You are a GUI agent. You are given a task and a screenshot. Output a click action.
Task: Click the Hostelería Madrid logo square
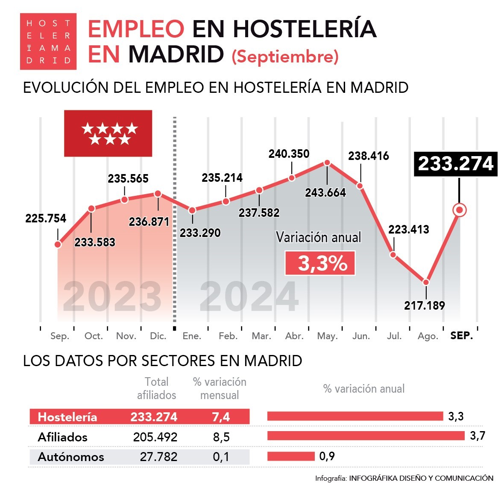tap(48, 41)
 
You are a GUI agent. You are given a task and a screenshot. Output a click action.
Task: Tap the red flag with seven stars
tap(108, 133)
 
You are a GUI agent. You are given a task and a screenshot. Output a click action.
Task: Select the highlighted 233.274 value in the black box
tap(456, 164)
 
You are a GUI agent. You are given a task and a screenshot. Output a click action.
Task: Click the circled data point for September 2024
tap(460, 210)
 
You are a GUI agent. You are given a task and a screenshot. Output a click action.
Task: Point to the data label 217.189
tap(424, 306)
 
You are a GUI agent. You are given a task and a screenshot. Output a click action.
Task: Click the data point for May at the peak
tap(327, 163)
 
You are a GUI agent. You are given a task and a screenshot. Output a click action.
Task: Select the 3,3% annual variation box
tap(320, 263)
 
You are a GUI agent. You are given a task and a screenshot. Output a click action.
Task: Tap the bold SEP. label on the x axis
tap(462, 336)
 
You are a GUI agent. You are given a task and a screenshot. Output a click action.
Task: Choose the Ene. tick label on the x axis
tap(192, 336)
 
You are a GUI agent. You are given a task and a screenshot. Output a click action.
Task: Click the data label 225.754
tap(46, 219)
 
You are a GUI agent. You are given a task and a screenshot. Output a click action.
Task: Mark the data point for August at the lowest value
tap(426, 282)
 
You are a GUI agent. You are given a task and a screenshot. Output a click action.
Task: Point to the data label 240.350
tap(289, 154)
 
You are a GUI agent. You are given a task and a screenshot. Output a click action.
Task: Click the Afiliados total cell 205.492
tap(155, 437)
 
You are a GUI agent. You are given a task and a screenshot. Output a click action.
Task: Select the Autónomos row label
tap(71, 457)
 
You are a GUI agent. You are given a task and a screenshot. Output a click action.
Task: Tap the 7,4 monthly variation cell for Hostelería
tap(221, 417)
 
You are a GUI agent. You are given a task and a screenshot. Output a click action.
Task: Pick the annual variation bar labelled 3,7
tap(366, 436)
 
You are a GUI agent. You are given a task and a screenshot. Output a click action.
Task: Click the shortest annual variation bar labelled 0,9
tap(291, 456)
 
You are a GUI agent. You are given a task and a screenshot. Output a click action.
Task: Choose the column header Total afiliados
tap(156, 388)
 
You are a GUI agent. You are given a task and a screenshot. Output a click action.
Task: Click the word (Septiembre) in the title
tap(285, 56)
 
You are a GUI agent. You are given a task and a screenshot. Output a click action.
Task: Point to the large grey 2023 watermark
tap(112, 297)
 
